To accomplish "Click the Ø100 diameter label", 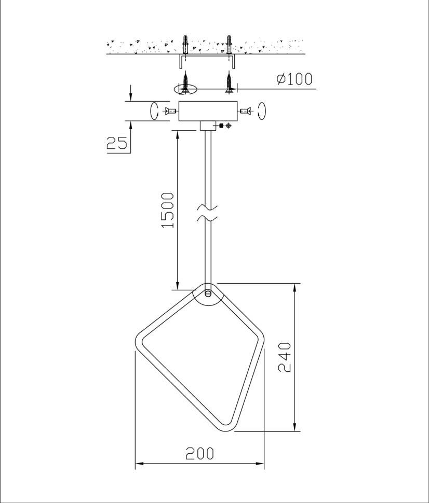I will (294, 79).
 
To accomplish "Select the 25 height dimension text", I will (117, 143).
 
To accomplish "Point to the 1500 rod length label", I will (167, 211).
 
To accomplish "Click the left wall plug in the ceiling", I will (184, 45).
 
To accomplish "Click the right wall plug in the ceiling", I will (229, 45).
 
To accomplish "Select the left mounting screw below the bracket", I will (184, 83).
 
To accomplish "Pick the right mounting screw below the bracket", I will (229, 83).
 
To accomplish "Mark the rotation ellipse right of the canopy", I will (261, 110).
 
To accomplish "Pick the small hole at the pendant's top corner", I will (208, 294).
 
